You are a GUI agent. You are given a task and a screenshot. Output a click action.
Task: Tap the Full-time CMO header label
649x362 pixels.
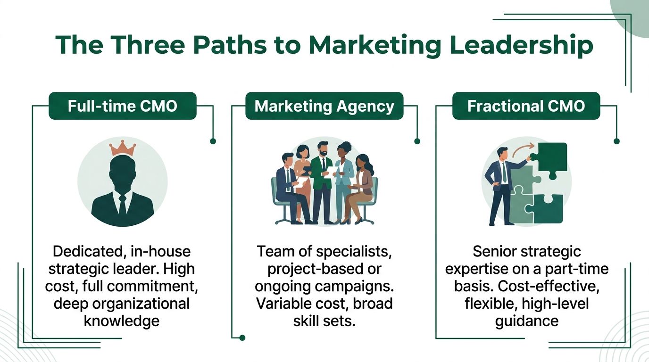point(123,106)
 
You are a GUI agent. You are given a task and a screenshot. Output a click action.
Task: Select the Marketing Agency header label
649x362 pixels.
point(324,106)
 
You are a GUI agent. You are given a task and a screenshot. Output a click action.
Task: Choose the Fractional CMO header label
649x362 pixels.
point(526,106)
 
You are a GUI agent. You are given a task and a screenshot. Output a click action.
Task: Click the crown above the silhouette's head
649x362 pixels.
point(123,148)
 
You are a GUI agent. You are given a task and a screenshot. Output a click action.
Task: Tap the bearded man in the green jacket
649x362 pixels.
point(322,182)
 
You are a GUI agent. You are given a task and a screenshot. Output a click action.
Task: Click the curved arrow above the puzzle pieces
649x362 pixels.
point(523,149)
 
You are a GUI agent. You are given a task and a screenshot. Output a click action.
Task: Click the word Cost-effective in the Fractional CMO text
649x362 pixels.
point(549,287)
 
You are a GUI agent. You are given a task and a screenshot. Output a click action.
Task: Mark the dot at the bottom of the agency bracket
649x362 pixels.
point(242,337)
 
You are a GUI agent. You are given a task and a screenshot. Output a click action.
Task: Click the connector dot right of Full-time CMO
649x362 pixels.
point(213,141)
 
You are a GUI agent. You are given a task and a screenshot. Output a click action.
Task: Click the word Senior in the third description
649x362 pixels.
point(496,251)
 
